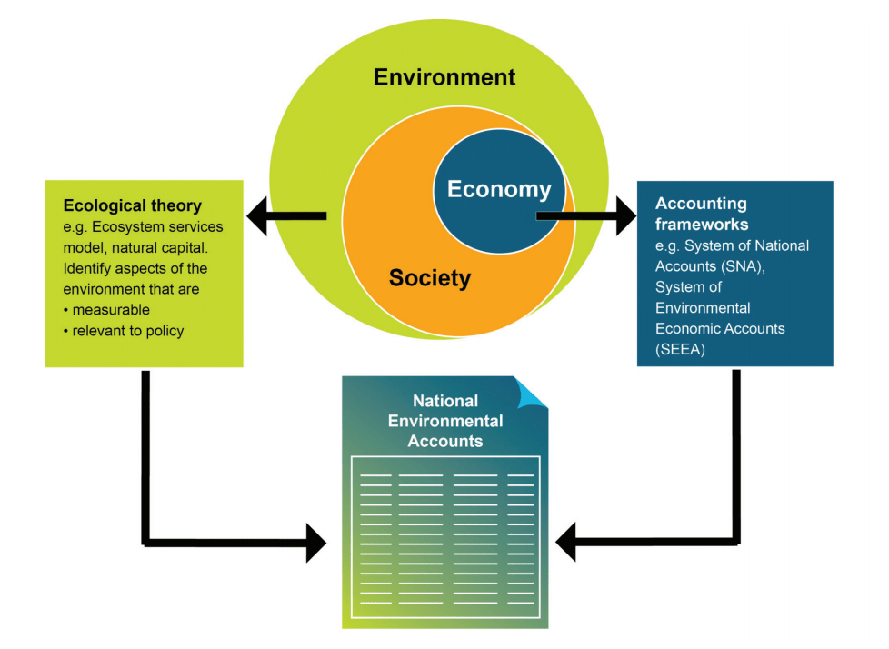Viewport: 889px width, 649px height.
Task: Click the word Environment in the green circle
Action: tap(444, 77)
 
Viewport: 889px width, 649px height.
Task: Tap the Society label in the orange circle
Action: tap(429, 278)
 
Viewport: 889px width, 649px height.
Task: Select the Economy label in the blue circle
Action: tap(498, 189)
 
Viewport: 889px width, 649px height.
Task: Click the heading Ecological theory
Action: tap(132, 206)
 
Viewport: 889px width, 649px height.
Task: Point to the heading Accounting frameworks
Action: tap(701, 213)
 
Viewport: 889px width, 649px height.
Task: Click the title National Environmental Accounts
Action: tap(444, 421)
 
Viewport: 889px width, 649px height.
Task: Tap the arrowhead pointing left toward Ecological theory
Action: tap(256, 216)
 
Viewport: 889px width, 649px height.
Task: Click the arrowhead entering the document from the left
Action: tap(316, 543)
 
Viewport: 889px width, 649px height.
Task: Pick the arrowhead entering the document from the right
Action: tap(566, 543)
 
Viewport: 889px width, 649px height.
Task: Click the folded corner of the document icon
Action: tap(531, 393)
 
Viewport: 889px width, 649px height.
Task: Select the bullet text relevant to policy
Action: tap(127, 331)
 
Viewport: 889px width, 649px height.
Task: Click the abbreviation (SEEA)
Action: tap(678, 348)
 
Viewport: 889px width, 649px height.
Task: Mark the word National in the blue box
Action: tap(781, 245)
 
